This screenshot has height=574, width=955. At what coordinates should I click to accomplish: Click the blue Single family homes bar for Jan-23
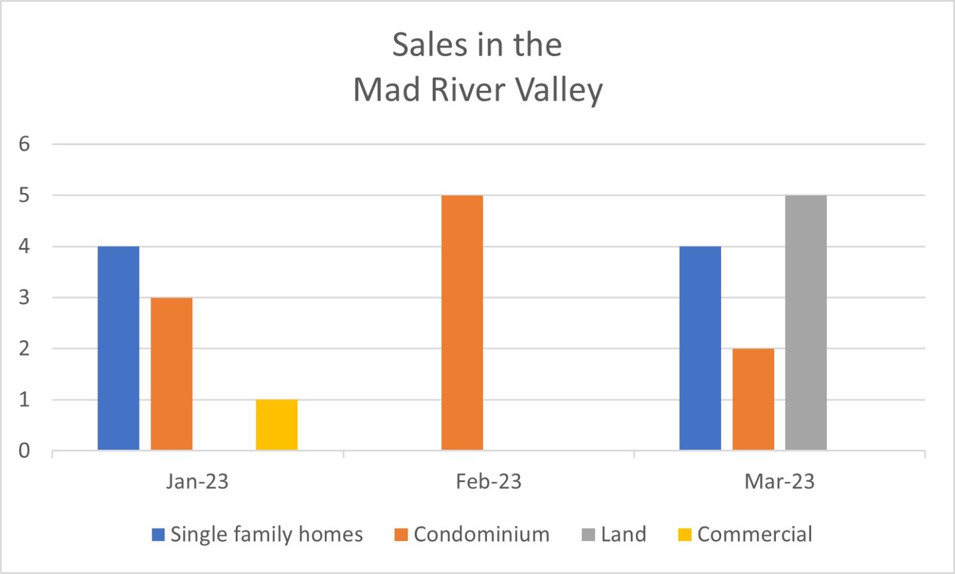(x=118, y=348)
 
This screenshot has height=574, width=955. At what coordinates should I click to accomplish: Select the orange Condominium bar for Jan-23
(x=171, y=374)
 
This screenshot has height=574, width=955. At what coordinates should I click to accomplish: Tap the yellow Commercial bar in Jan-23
(x=277, y=425)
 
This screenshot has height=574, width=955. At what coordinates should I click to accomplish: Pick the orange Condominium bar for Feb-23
(x=462, y=323)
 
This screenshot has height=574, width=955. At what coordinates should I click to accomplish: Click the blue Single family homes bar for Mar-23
(x=700, y=348)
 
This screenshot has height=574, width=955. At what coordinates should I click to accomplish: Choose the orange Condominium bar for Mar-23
(x=753, y=399)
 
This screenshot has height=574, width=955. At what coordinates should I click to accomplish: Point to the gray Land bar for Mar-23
(x=806, y=323)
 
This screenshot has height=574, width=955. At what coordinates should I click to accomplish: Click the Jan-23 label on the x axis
(x=197, y=481)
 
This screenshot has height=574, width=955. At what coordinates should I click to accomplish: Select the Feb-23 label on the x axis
(x=488, y=481)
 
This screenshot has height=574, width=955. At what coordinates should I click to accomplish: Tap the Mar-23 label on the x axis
(x=779, y=481)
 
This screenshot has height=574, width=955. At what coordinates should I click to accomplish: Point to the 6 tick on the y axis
(x=24, y=144)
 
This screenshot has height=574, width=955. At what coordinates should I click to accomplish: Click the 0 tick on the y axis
(x=24, y=450)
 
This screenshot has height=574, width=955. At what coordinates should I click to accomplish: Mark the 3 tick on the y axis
(x=24, y=297)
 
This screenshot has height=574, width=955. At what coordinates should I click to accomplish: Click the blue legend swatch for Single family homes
(x=158, y=535)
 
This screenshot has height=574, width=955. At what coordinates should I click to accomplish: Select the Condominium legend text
(x=481, y=534)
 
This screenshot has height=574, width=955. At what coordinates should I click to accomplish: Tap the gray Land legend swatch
(x=589, y=535)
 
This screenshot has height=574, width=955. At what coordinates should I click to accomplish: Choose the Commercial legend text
(x=754, y=534)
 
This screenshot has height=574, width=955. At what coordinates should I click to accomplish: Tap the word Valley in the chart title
(x=559, y=91)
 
